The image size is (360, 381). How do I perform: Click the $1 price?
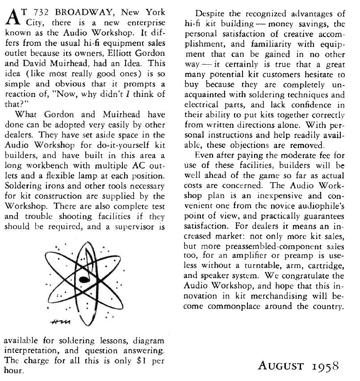pyautogui.click(x=133, y=361)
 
